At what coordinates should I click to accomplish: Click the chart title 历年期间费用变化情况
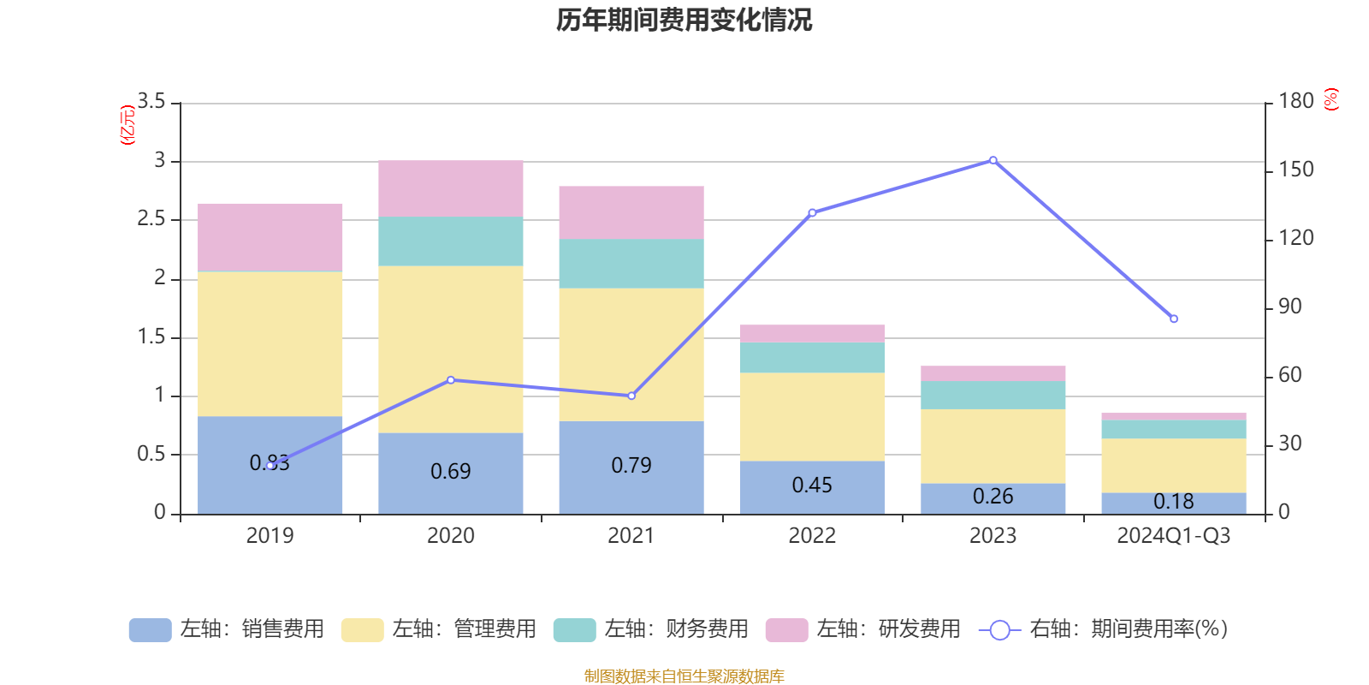[x=684, y=20]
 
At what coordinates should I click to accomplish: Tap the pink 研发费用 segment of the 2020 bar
[x=451, y=188]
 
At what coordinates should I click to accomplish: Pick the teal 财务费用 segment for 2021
[x=631, y=264]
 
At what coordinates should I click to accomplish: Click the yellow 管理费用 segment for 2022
[x=812, y=416]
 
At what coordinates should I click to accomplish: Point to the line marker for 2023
[x=993, y=160]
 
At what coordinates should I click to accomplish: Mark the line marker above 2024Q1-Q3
[x=1174, y=319]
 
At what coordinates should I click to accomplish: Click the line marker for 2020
[x=451, y=380]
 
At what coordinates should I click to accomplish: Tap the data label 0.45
[x=812, y=485]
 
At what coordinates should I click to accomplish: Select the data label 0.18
[x=1174, y=501]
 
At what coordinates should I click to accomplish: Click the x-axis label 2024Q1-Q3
[x=1174, y=536]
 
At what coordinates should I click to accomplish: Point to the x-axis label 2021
[x=631, y=536]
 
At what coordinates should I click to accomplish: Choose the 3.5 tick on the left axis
[x=152, y=102]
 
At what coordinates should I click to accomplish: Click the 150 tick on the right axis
[x=1296, y=170]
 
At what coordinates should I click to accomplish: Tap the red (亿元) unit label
[x=127, y=125]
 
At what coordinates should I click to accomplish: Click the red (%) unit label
[x=1331, y=99]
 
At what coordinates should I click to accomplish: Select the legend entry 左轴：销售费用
[x=227, y=629]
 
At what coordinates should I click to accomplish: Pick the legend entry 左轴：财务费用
[x=651, y=629]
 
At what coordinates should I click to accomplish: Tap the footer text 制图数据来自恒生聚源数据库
[x=684, y=676]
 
